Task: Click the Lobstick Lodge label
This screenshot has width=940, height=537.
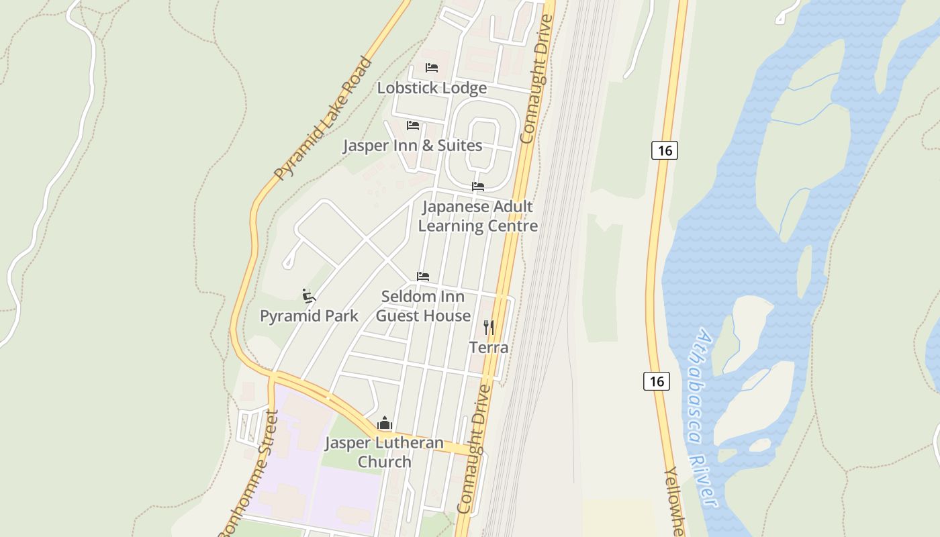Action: click(x=432, y=88)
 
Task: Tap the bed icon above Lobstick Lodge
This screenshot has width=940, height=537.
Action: click(x=432, y=68)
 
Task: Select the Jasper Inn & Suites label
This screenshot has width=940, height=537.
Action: click(x=412, y=146)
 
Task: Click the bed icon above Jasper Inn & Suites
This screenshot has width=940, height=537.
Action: click(x=413, y=126)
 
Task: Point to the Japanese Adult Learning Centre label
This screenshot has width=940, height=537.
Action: click(x=477, y=216)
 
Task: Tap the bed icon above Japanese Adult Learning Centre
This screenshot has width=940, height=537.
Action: click(x=478, y=187)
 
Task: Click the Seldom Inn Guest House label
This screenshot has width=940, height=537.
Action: click(x=423, y=306)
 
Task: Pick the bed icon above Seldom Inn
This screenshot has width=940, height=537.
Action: click(x=423, y=277)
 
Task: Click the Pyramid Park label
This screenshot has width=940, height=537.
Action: click(x=309, y=316)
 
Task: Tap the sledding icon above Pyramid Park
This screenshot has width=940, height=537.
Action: click(x=309, y=295)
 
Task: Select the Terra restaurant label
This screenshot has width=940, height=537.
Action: click(x=489, y=348)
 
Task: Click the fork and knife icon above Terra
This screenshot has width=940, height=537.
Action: click(x=489, y=328)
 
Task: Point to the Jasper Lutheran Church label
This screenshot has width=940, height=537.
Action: click(x=384, y=452)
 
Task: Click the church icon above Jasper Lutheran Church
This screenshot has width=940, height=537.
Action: click(x=385, y=424)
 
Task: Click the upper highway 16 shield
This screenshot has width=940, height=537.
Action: click(x=664, y=150)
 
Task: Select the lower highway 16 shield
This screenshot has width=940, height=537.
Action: click(x=656, y=381)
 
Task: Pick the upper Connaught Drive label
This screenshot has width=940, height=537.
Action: click(x=536, y=79)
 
